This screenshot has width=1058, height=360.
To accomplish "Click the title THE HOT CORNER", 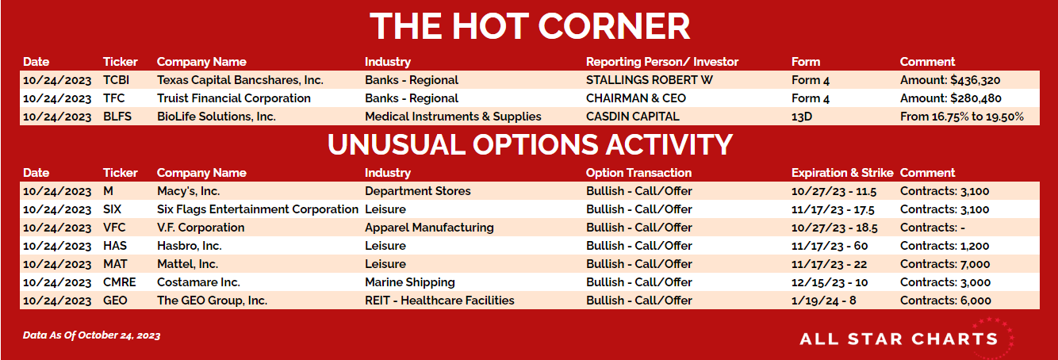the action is coord(530,26).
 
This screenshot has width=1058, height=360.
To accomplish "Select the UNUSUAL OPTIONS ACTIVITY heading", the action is coord(530,144).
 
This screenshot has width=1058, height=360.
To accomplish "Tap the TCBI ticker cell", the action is coord(117,80).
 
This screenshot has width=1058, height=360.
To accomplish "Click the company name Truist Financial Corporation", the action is coord(234,98).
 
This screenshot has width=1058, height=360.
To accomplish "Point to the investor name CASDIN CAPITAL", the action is coord(632,117).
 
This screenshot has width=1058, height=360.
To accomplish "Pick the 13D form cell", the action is coord(802,117).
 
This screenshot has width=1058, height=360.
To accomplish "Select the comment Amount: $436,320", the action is coord(950,80).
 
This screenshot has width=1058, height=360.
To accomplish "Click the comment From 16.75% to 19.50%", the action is coord(962,117).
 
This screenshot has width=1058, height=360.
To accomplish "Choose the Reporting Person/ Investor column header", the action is coord(661,62).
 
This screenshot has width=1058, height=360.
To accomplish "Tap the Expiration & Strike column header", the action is coord(842,173).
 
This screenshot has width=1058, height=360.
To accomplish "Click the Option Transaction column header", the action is coord(638,173).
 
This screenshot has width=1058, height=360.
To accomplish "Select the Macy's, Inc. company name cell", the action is coord(189,191).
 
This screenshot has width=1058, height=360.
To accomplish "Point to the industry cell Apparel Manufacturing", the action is coord(429,228).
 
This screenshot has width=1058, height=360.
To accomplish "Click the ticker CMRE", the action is coord(120,282).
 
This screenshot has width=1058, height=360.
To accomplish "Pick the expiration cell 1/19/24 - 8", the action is coord(823,301).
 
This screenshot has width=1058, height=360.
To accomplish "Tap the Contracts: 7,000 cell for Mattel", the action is coord(945,264).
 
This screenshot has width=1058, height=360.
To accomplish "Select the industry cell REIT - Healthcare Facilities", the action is coord(439,301).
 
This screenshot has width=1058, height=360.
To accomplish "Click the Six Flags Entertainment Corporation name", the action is coord(258,209).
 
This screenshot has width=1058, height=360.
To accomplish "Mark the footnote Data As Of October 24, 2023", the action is coord(92,335).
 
